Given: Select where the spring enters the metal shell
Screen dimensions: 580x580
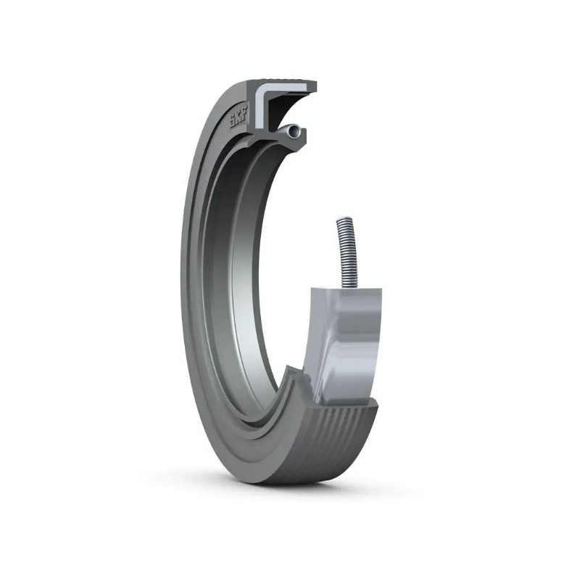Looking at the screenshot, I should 349,287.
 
